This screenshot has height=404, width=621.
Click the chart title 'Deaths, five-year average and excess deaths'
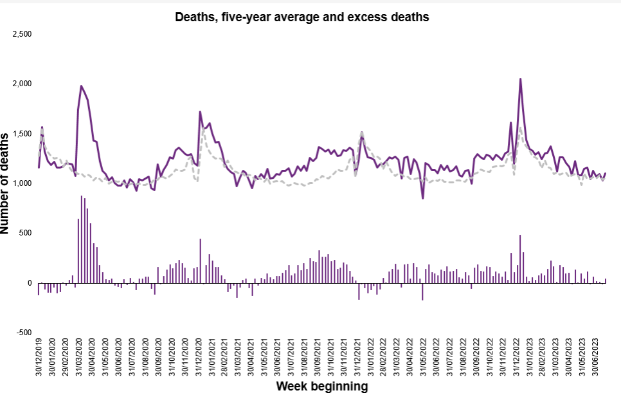click(x=301, y=17)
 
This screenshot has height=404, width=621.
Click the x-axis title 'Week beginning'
click(x=321, y=387)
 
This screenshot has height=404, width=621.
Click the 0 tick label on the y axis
click(x=29, y=283)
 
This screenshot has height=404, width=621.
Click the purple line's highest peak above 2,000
click(x=520, y=79)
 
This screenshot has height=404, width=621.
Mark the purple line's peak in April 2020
click(x=81, y=86)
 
